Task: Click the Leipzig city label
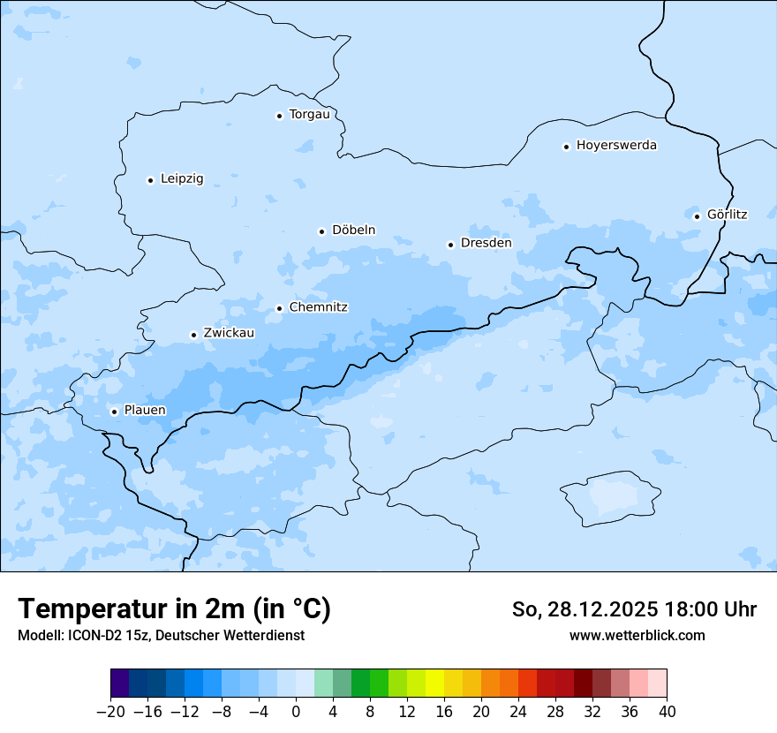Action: tap(182, 179)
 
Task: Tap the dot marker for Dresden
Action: tap(450, 245)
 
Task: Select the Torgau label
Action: tap(309, 115)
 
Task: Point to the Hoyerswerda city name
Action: tap(616, 146)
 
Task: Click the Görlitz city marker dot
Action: tap(697, 216)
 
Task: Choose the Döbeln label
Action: tap(353, 230)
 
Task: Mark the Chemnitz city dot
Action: tap(279, 308)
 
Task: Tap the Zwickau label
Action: tap(229, 334)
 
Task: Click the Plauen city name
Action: tap(145, 411)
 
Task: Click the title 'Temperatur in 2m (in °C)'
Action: tap(174, 609)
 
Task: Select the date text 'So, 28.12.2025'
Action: tap(585, 609)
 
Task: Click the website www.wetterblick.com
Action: tap(637, 636)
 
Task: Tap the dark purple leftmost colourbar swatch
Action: tap(119, 684)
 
